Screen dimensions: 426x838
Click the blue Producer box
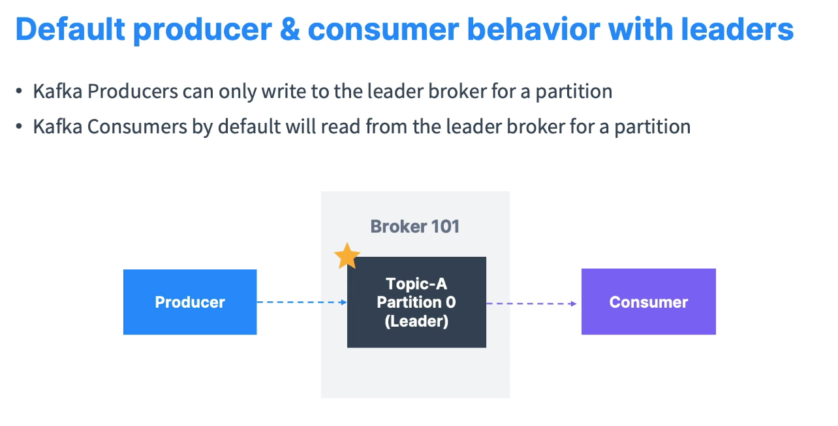[190, 302]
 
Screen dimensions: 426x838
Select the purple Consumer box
[648, 302]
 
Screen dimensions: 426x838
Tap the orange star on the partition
[347, 256]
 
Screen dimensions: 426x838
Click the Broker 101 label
[415, 227]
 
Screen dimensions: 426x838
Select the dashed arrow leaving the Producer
[302, 302]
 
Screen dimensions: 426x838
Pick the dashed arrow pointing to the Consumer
[532, 303]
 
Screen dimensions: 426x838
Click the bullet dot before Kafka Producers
[19, 92]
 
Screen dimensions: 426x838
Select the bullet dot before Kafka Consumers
[19, 127]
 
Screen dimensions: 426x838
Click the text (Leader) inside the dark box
[416, 321]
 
